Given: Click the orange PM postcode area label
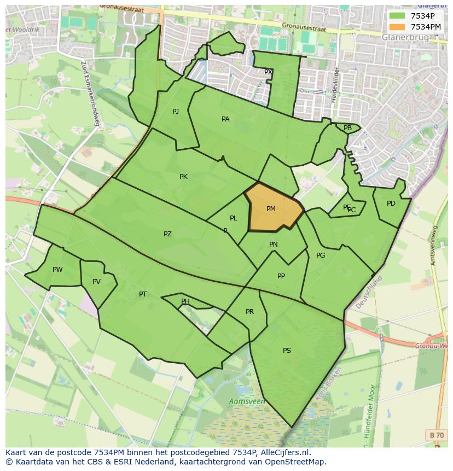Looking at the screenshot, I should pyautogui.click(x=271, y=209).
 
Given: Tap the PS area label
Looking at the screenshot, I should pyautogui.click(x=287, y=351).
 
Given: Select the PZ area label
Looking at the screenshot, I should pyautogui.click(x=167, y=234).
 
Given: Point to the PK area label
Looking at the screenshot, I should pyautogui.click(x=183, y=177).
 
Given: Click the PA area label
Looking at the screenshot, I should pyautogui.click(x=225, y=119).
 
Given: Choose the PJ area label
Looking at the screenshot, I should pyautogui.click(x=176, y=112).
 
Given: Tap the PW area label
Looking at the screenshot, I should pyautogui.click(x=57, y=270).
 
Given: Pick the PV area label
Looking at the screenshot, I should pyautogui.click(x=96, y=282).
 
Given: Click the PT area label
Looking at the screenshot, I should pyautogui.click(x=143, y=294).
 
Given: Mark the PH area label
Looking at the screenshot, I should pyautogui.click(x=185, y=301).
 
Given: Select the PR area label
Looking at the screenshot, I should pyautogui.click(x=249, y=312).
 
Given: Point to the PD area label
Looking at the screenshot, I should pyautogui.click(x=391, y=203).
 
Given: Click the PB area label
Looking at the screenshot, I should pyautogui.click(x=347, y=128).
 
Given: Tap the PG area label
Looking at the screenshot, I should pyautogui.click(x=321, y=255).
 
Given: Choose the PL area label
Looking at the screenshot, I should pyautogui.click(x=234, y=218).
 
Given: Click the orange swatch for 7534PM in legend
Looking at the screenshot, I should pyautogui.click(x=398, y=27).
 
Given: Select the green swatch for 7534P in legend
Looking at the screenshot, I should pyautogui.click(x=398, y=16).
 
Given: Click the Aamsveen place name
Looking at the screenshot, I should pyautogui.click(x=247, y=402).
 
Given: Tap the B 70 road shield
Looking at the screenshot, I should pyautogui.click(x=437, y=435).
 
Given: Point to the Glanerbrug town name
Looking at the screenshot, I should pyautogui.click(x=405, y=37).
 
